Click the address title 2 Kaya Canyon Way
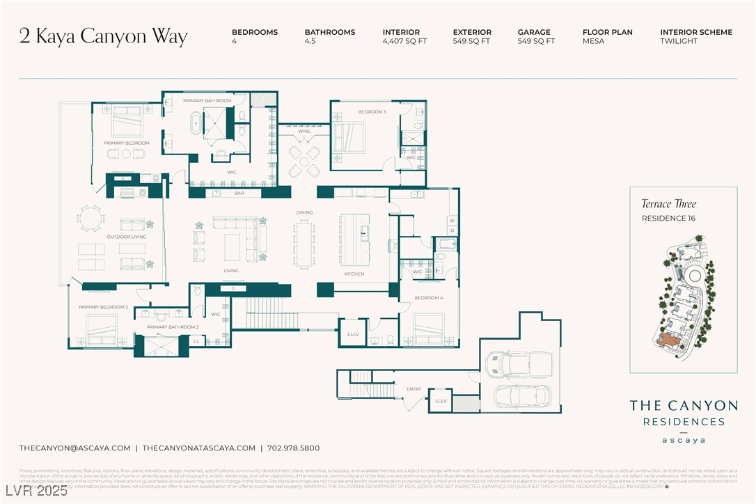click(104, 37)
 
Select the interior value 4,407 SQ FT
click(404, 42)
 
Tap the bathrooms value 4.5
click(310, 42)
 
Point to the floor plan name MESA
click(593, 42)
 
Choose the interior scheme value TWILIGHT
click(678, 42)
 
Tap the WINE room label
click(304, 131)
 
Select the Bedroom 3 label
click(372, 111)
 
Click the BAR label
click(239, 193)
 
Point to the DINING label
click(304, 212)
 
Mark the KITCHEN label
click(354, 274)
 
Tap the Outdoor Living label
click(125, 237)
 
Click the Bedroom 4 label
click(428, 298)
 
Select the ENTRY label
click(414, 388)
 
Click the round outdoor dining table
click(89, 220)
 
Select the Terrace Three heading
click(668, 204)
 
